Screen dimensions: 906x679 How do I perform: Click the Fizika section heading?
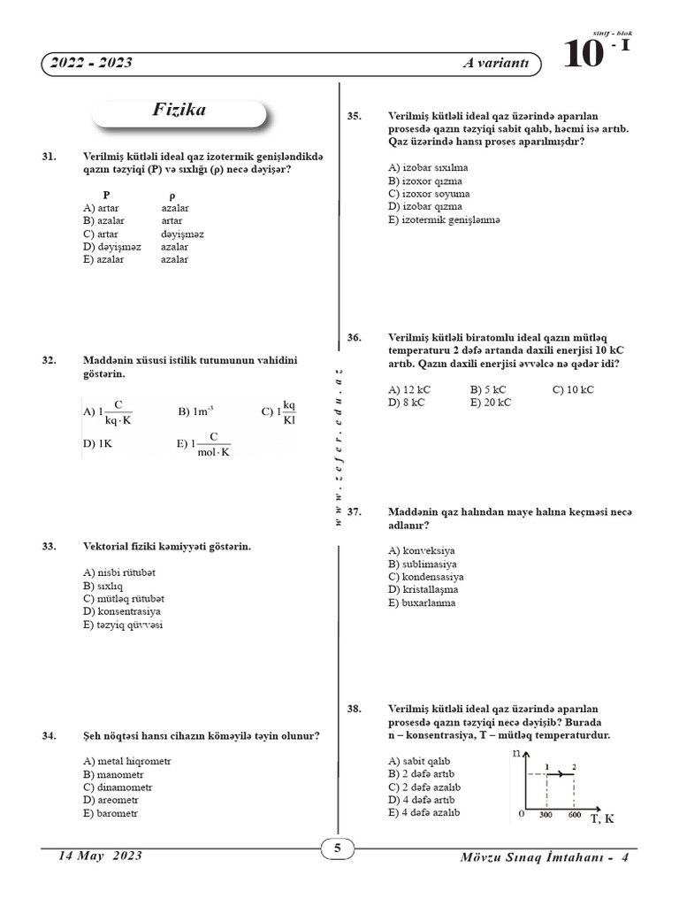coord(179,111)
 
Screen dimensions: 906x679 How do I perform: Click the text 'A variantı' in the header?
coord(496,64)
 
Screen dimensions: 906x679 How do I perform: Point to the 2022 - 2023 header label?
coord(92,64)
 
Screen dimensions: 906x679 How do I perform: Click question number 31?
coord(50,157)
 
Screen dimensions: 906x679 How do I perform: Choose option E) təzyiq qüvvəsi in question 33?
coord(123,625)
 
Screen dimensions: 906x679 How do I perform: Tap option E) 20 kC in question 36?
coord(492,403)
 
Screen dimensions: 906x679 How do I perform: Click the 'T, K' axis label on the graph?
coord(602,819)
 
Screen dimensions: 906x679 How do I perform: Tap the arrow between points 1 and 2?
coord(561,774)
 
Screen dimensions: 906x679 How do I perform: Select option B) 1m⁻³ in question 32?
coord(196,411)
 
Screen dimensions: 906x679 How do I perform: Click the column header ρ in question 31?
coord(172,195)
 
